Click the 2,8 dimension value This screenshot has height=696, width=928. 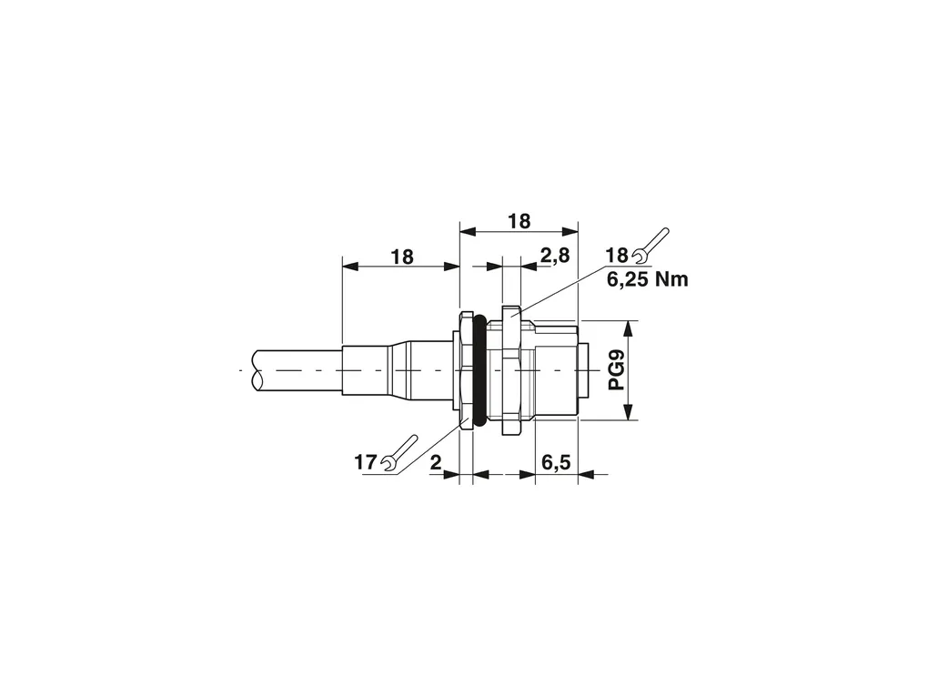(x=555, y=256)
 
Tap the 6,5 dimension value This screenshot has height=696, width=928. (x=556, y=462)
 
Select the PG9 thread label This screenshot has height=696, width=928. (x=617, y=370)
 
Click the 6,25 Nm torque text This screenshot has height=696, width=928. (x=648, y=278)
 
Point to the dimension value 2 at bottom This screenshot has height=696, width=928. (x=436, y=462)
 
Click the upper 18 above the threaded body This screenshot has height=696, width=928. (x=519, y=221)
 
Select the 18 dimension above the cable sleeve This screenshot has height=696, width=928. (x=401, y=257)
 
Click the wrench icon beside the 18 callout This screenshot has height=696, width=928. (x=651, y=245)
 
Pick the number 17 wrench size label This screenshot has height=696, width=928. (x=365, y=462)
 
